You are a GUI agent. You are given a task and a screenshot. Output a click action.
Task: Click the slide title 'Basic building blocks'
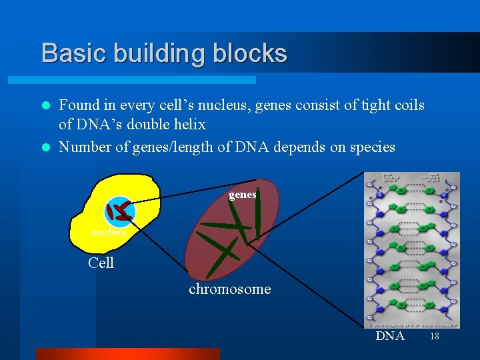(164, 53)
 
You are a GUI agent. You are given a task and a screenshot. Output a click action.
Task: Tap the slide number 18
(435, 337)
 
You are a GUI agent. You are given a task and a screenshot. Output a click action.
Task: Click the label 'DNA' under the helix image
(390, 336)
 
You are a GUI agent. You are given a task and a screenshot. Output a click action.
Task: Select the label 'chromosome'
(230, 289)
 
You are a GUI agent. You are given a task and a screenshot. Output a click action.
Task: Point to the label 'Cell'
(101, 263)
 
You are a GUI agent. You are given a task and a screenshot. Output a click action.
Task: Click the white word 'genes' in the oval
(242, 195)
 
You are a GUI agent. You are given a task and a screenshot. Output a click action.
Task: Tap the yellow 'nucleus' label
(109, 232)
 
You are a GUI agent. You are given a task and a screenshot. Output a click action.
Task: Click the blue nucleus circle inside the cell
(120, 212)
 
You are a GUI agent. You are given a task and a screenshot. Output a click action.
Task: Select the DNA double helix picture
(412, 250)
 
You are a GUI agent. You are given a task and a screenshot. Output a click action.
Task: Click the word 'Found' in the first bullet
(78, 105)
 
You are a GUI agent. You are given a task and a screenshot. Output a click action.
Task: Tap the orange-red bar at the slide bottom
(127, 354)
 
